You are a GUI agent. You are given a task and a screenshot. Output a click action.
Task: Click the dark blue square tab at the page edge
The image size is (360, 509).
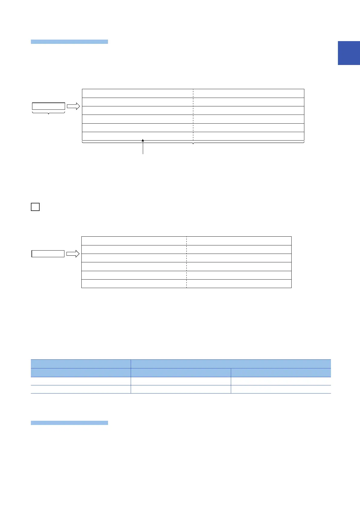349,53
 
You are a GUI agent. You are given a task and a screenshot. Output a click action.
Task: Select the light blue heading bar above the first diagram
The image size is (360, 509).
69,42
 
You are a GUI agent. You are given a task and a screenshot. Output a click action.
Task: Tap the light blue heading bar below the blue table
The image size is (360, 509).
69,423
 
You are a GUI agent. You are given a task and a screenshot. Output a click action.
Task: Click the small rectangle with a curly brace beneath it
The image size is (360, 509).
48,106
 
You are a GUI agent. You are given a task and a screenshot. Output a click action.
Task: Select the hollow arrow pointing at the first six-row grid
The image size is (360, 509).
73,106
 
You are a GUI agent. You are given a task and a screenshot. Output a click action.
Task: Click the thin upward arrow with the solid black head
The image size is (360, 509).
143,147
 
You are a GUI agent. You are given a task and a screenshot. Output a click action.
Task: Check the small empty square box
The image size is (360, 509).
35,207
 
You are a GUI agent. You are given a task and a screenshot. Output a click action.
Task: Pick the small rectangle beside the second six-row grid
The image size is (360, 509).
48,254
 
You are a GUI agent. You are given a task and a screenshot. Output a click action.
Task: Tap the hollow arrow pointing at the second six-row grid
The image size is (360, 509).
73,254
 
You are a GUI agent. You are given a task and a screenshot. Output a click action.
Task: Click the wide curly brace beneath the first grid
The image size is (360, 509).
193,142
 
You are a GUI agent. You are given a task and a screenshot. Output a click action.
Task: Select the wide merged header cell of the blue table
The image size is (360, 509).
231,364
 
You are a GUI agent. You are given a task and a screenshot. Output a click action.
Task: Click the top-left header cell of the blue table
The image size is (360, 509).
81,364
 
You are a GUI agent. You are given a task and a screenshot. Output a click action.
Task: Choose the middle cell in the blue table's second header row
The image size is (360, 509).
181,372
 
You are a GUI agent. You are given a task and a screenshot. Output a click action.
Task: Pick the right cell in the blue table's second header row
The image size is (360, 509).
281,372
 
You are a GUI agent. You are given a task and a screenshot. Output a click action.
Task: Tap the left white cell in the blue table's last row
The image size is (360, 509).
81,389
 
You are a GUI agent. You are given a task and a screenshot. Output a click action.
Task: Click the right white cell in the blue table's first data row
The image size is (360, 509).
281,381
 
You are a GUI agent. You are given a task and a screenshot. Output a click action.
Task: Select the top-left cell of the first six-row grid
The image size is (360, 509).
138,93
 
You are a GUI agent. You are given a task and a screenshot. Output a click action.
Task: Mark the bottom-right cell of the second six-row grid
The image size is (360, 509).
239,284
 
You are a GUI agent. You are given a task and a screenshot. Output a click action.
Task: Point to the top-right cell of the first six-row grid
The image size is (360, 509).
248,93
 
